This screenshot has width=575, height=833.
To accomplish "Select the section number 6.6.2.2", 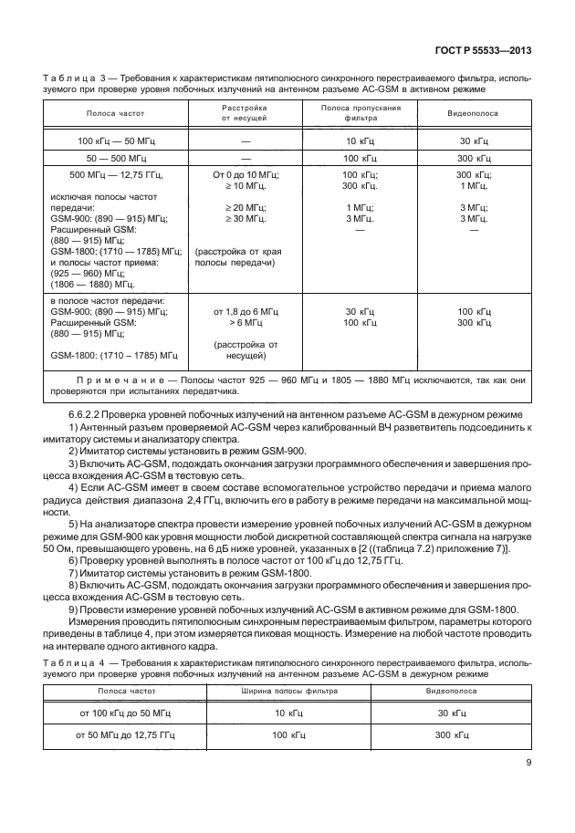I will click(x=90, y=415).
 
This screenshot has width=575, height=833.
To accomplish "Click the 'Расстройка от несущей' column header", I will click(x=245, y=113).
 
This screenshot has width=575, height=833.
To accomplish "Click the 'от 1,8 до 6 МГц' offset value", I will click(x=245, y=311).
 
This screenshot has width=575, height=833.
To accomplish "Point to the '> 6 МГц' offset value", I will click(x=245, y=322).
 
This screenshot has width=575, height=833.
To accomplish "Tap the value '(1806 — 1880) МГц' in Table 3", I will click(x=92, y=284).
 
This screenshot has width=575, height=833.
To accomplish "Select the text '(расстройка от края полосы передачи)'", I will click(x=234, y=256).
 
